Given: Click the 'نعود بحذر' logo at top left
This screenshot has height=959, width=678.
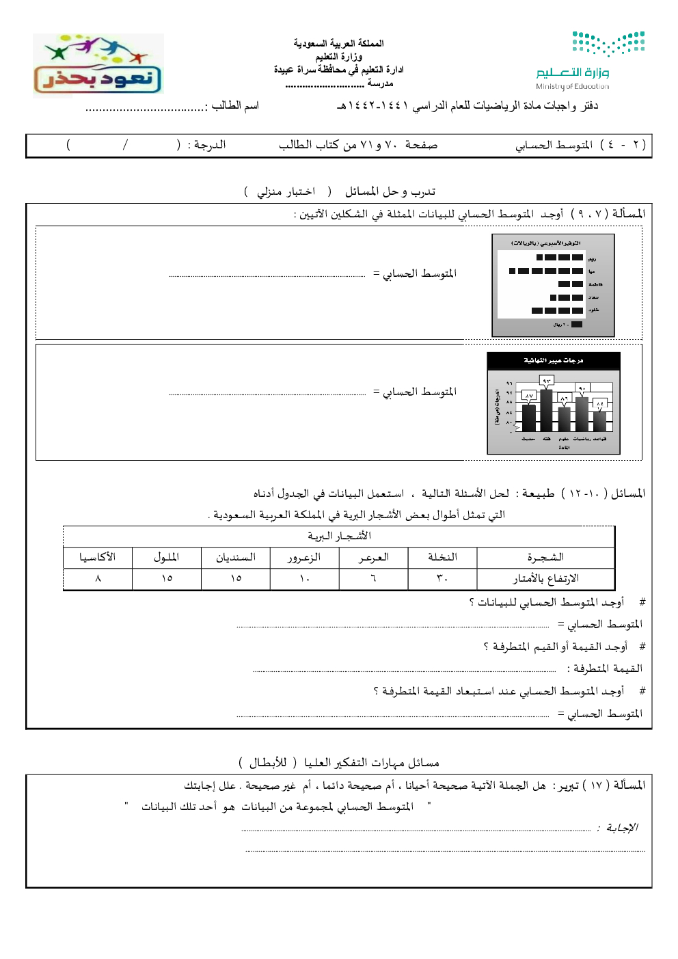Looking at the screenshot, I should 98,66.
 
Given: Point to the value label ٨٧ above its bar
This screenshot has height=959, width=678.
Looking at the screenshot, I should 528,396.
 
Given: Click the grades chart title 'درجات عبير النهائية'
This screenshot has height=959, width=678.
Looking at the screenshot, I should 553,360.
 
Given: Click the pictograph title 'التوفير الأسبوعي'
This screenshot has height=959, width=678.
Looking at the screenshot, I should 545,243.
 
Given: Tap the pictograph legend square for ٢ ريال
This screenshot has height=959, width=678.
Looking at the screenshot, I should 577,325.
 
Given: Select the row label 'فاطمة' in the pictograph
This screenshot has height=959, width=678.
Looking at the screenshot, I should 595,284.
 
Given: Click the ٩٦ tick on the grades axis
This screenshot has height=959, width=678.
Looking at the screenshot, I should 508,383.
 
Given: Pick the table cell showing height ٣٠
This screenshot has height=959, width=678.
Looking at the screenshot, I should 442,578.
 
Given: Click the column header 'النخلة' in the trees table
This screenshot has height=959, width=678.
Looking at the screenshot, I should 442,557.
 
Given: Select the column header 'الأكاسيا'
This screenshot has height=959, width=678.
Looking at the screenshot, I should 98,557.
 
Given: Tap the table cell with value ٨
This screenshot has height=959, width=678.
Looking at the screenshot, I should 98,578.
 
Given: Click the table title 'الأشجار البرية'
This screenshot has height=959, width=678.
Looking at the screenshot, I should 339,536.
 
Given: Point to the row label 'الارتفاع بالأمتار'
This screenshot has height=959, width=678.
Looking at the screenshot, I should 545,578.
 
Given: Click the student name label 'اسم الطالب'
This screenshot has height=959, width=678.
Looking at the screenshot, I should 235,105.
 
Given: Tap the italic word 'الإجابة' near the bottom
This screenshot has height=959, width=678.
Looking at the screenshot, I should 621,828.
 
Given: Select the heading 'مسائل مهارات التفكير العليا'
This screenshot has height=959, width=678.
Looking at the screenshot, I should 371,762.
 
